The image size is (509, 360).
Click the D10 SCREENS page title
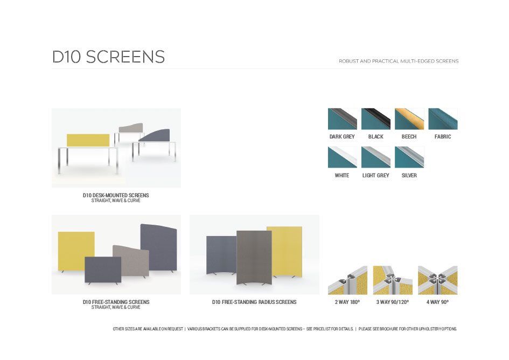[108, 57]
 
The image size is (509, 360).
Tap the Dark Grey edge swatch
[342, 119]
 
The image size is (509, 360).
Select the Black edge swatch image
[376, 119]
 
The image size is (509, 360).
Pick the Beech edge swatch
[409, 119]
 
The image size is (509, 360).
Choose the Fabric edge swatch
[443, 119]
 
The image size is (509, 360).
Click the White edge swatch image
[342, 157]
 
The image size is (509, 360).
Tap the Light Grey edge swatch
[376, 157]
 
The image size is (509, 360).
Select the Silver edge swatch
[409, 157]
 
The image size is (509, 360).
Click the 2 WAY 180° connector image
[347, 280]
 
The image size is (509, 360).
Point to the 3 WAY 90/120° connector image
[393, 280]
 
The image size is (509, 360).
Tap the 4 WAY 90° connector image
[437, 280]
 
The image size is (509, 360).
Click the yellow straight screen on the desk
[88, 140]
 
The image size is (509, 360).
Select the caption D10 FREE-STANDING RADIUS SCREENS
[254, 302]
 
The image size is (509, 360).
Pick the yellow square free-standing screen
[76, 251]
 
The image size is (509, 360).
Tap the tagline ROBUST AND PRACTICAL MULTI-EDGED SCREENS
[399, 61]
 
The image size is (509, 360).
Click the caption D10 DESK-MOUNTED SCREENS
[116, 195]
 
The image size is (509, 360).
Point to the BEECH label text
[409, 137]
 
